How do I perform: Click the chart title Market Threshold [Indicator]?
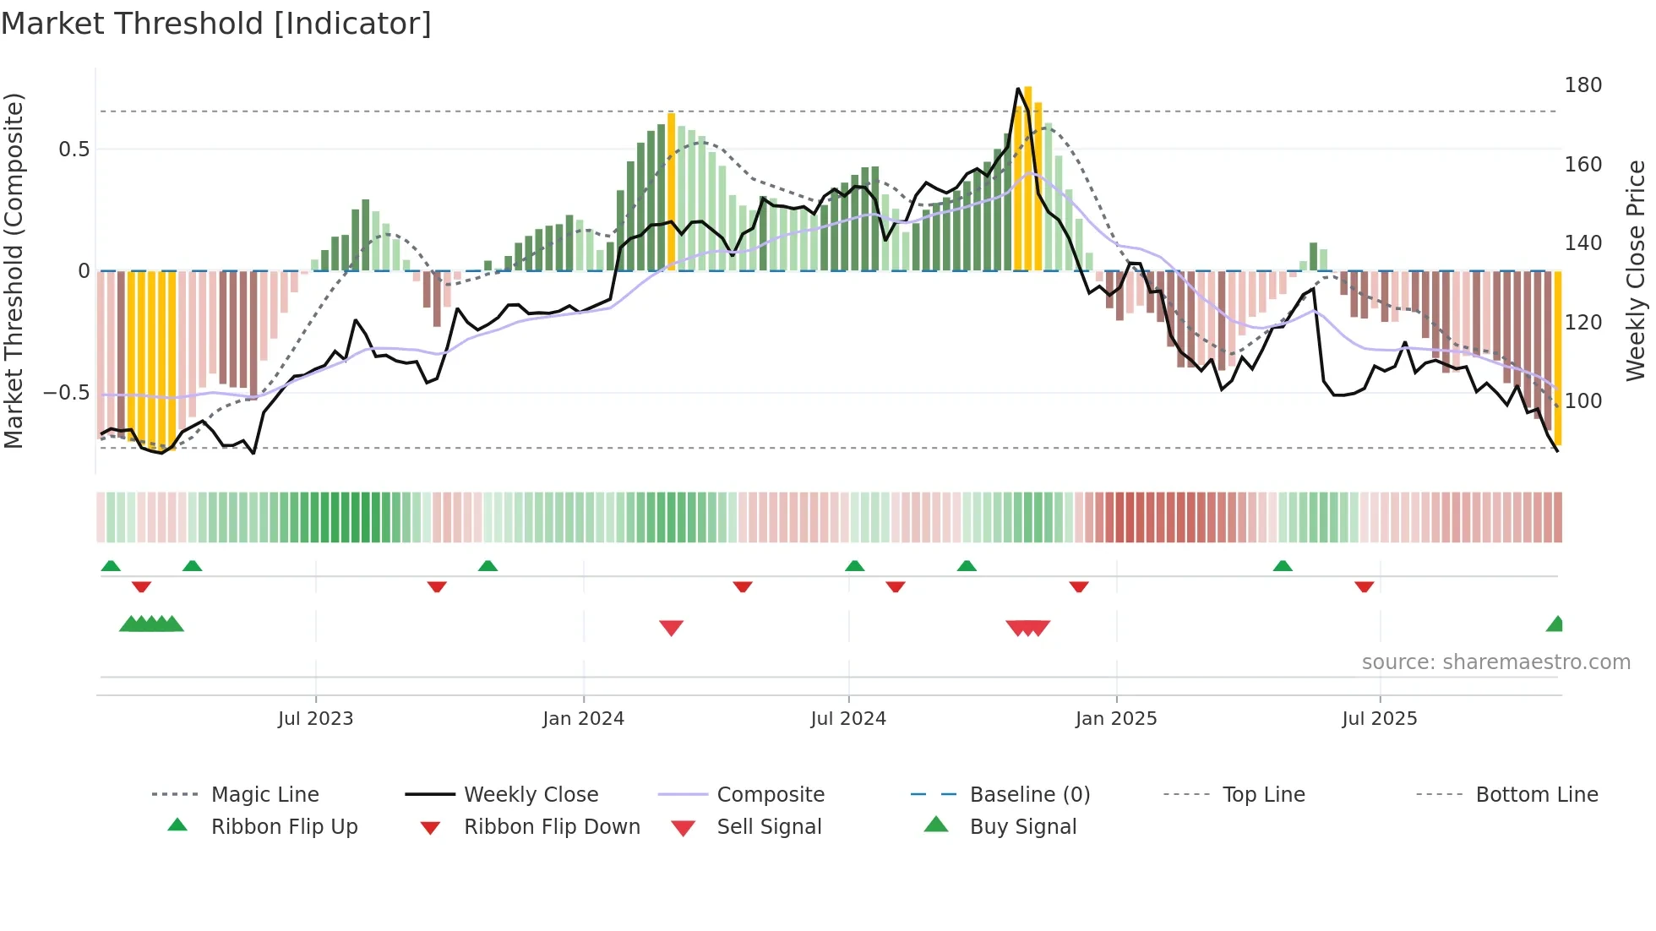click(216, 24)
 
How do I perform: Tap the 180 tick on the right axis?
click(1582, 85)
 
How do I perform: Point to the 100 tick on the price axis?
click(1582, 401)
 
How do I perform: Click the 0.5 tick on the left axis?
click(74, 150)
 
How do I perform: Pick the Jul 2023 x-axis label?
click(315, 719)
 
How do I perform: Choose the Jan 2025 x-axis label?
click(1115, 719)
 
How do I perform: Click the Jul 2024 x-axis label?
click(847, 719)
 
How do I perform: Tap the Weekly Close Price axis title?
click(1636, 270)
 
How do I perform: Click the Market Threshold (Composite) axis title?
click(14, 270)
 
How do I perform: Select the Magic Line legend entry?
click(264, 795)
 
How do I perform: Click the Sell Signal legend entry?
click(768, 827)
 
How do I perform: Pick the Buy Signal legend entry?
click(1022, 827)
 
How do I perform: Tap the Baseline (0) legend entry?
click(1029, 795)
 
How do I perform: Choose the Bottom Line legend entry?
click(1536, 795)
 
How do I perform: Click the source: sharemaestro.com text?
click(1495, 662)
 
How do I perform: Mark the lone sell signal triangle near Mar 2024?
click(671, 628)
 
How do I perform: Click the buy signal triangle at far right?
click(1555, 624)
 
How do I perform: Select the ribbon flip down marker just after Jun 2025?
click(1364, 586)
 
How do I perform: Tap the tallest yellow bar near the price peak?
click(1027, 177)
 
